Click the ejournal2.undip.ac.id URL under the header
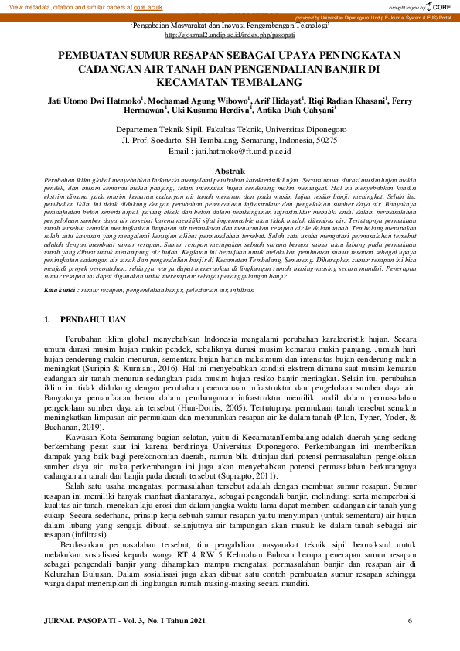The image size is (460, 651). tap(230, 35)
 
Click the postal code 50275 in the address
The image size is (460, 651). tap(323, 141)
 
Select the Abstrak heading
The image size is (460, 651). tap(230, 170)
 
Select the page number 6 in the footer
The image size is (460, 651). tap(410, 621)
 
